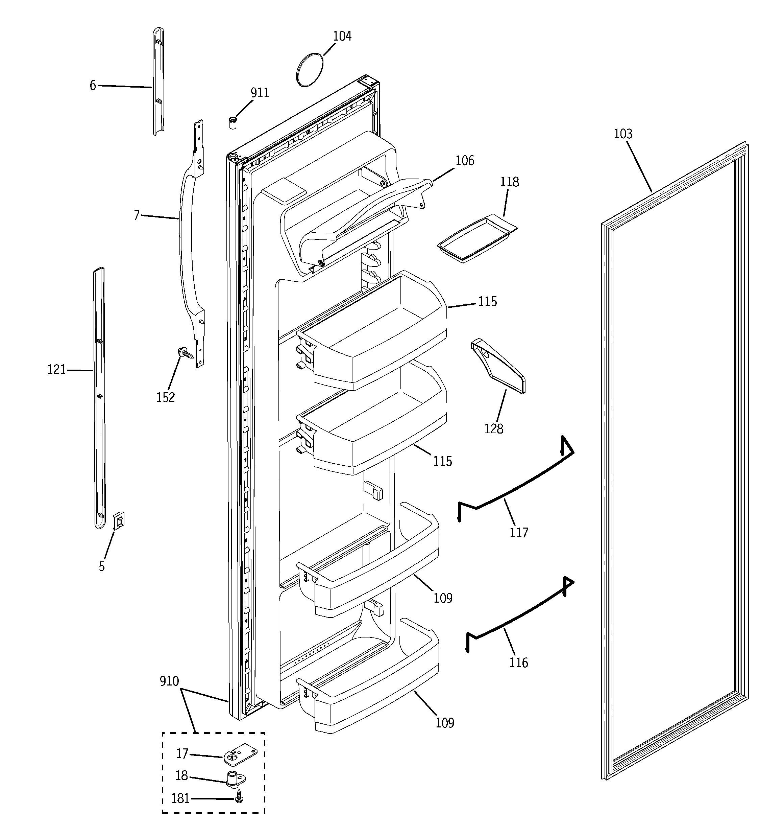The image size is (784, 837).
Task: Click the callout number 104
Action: pyautogui.click(x=342, y=37)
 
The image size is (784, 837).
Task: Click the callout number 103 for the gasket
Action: pyautogui.click(x=623, y=134)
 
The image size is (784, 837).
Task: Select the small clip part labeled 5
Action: pyautogui.click(x=120, y=521)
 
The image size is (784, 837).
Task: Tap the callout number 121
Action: pyautogui.click(x=56, y=370)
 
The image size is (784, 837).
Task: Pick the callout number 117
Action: pyautogui.click(x=518, y=533)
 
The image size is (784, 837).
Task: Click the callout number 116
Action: pyautogui.click(x=518, y=663)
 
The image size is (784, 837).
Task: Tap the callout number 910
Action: pyautogui.click(x=169, y=681)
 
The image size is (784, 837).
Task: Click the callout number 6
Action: pyautogui.click(x=93, y=86)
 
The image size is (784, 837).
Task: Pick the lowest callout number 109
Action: pyautogui.click(x=444, y=723)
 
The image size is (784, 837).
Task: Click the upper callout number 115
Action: pyautogui.click(x=487, y=301)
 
